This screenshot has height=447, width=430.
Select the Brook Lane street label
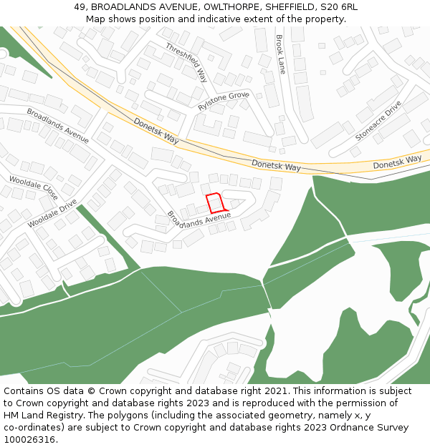pos(280,54)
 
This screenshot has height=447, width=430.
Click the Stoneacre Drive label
pos(378,119)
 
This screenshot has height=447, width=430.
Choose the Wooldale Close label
pos(33,187)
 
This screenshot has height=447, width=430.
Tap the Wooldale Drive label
pos(52,213)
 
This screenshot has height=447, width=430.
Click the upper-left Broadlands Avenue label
pos(57,125)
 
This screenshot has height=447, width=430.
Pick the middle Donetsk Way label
pos(276,165)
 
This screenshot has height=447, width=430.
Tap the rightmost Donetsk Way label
pos(397,163)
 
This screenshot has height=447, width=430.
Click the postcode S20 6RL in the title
pos(340,7)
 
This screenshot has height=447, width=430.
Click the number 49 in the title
pos(80,7)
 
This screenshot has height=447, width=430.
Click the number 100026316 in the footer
pos(29,440)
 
